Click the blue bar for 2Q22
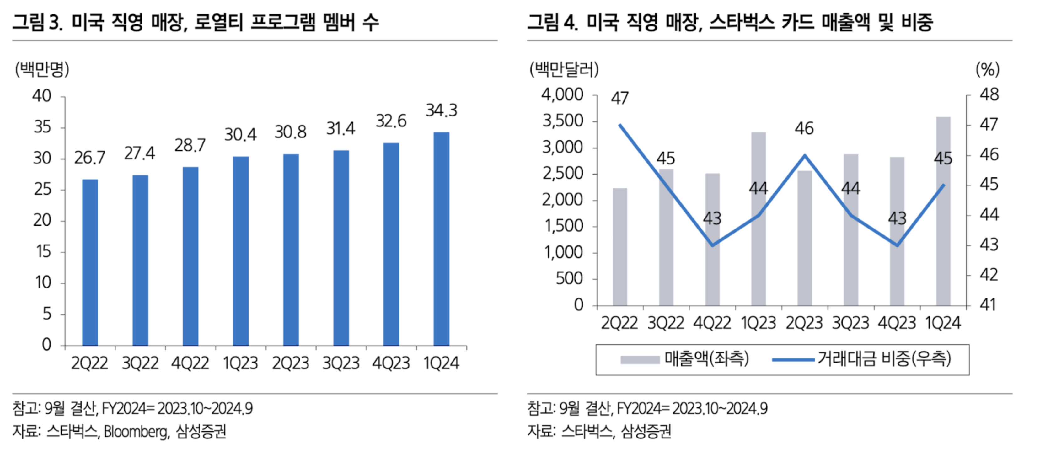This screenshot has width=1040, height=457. (90, 262)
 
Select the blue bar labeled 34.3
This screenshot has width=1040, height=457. (441, 239)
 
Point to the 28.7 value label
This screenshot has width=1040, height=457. (190, 145)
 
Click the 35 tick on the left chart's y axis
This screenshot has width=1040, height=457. (42, 127)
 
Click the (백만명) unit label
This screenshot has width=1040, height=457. (42, 69)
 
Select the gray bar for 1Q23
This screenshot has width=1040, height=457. (758, 218)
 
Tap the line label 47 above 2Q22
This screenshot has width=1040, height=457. (620, 98)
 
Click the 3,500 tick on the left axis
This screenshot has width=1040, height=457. (563, 121)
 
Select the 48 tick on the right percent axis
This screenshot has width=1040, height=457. (989, 94)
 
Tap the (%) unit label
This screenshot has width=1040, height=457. (988, 69)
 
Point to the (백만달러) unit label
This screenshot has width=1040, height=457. (564, 69)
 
